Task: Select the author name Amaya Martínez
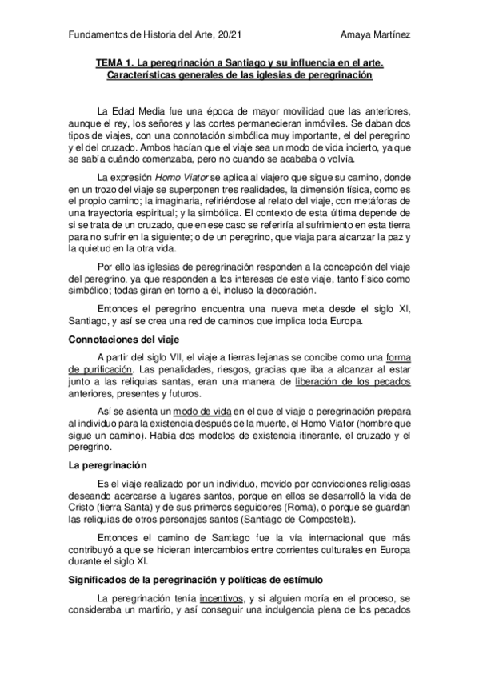(x=376, y=36)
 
